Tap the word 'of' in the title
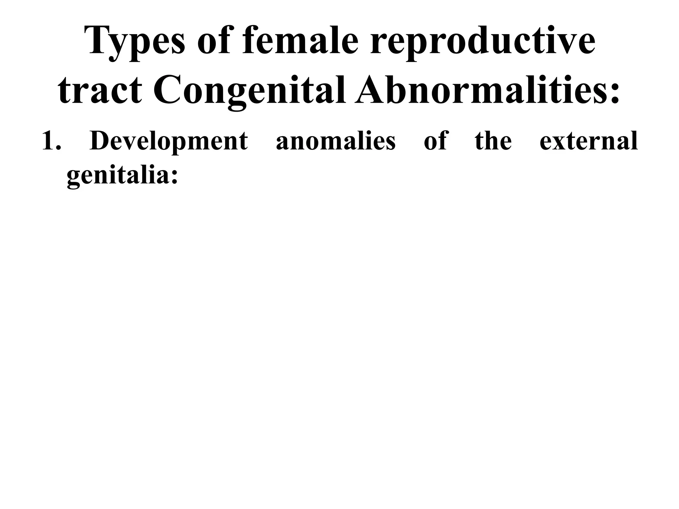(214, 41)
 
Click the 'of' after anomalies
(436, 141)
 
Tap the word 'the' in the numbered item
(493, 141)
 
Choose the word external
(588, 141)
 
